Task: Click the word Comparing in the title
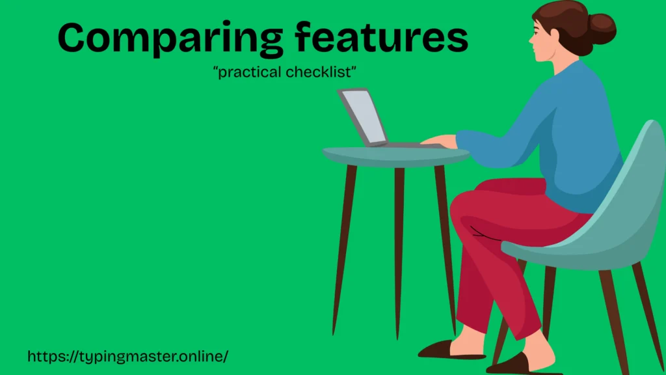171,38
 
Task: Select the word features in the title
381,36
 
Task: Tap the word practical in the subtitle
248,72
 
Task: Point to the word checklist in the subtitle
321,72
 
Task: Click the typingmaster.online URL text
128,356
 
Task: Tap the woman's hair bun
602,29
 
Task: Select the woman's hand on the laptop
439,141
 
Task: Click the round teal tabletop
396,156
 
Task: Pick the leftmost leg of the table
344,250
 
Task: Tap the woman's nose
531,38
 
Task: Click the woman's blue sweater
561,136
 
